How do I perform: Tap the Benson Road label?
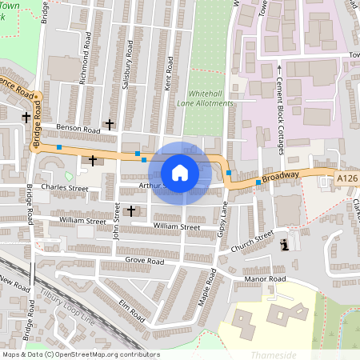coord(78,129)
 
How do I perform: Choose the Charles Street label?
coord(65,188)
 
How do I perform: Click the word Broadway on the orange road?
coord(280,176)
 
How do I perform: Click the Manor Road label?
coord(265,278)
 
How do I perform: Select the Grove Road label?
coord(144,262)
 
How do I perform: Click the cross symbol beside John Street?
coord(130,210)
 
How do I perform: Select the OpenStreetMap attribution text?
coord(81,354)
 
